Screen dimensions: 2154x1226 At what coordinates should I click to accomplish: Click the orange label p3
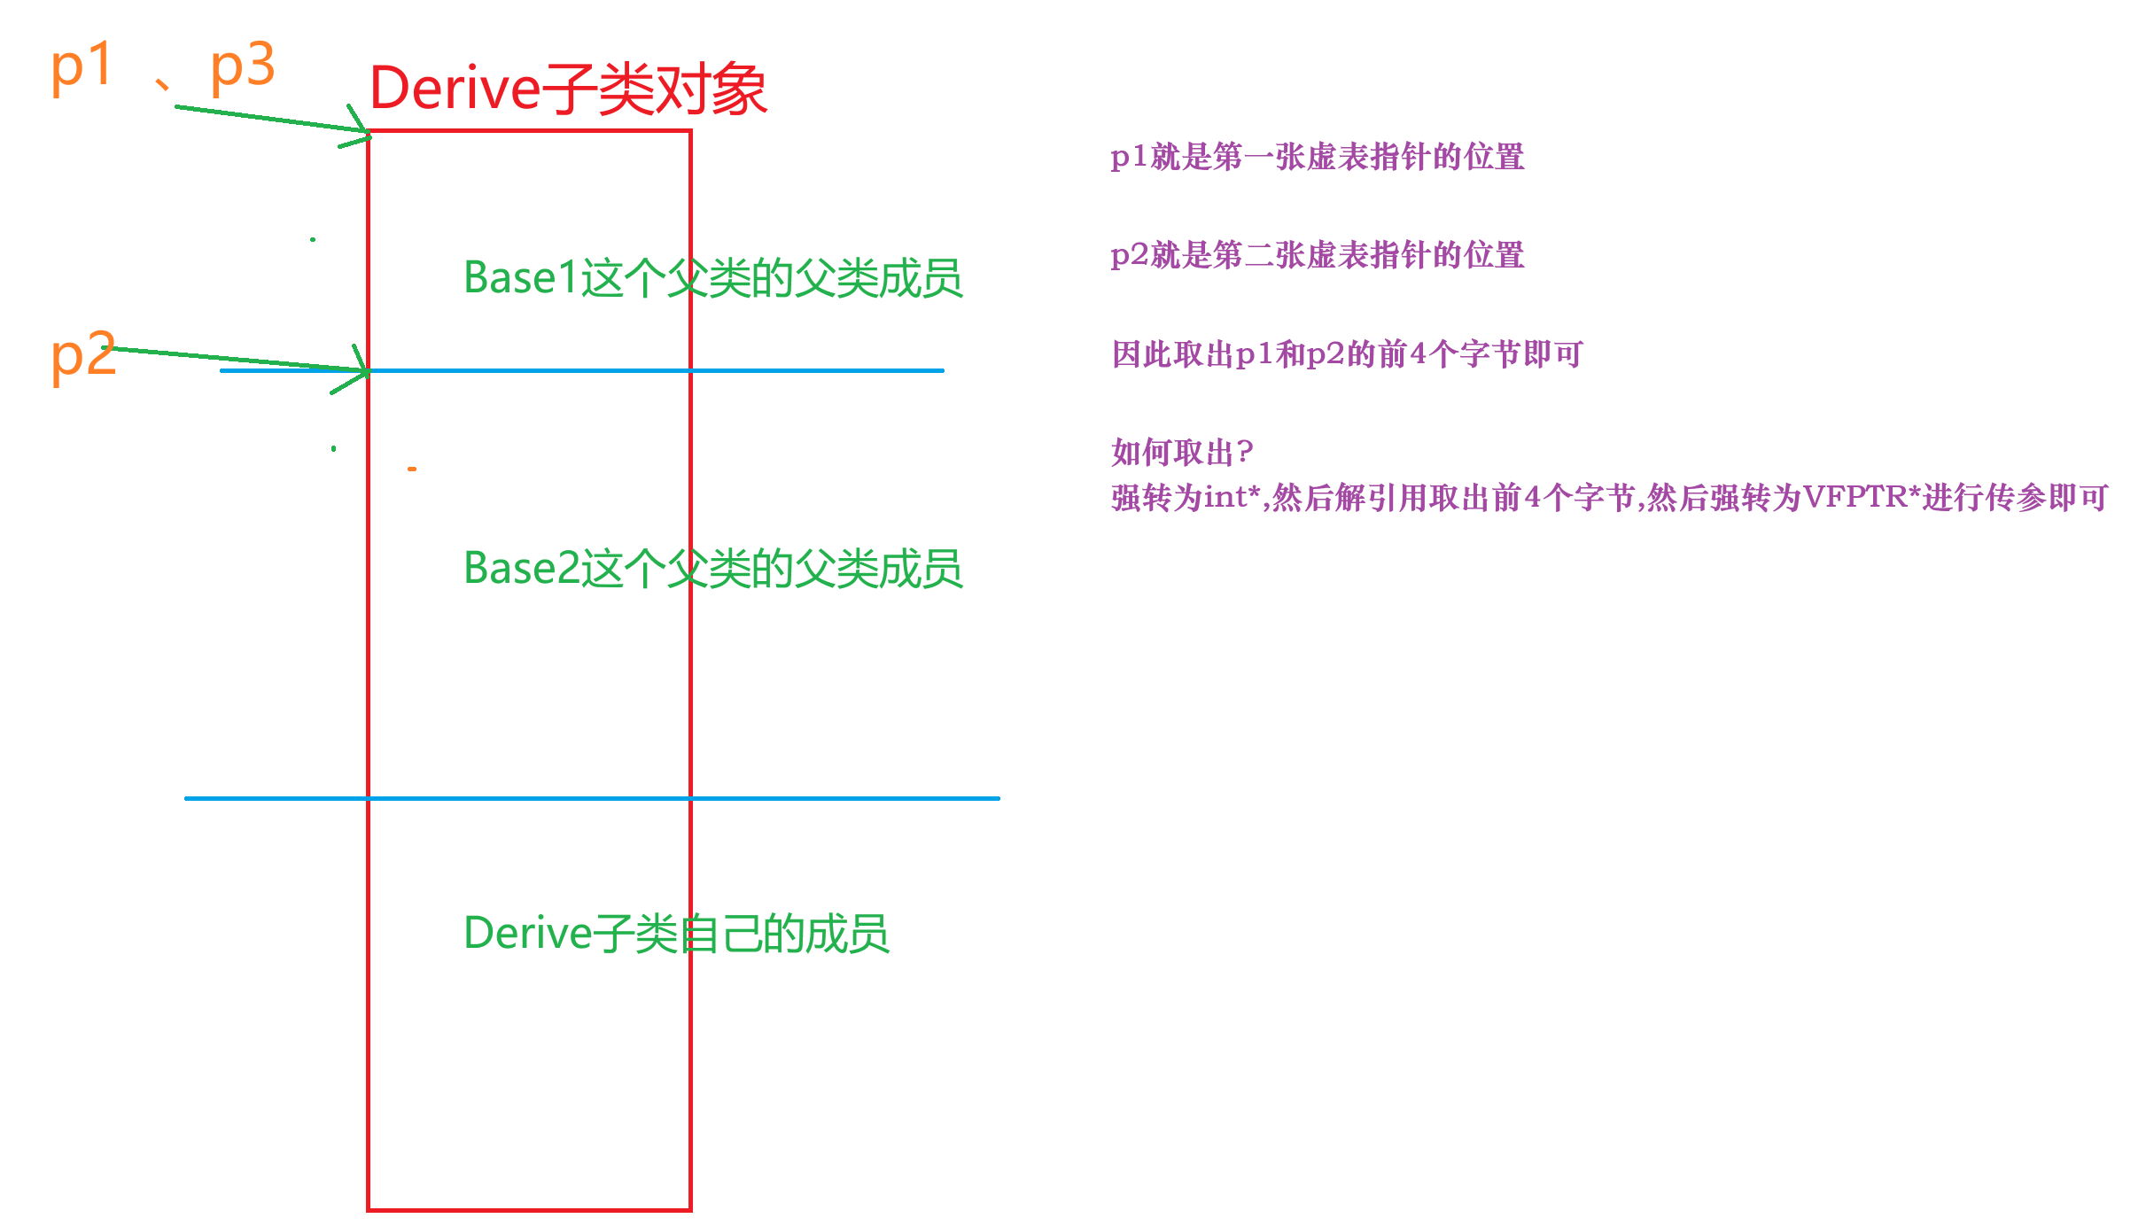[x=242, y=66]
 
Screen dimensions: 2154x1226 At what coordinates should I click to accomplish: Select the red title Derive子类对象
[x=567, y=89]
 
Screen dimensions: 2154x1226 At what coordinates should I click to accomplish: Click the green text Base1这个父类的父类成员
[x=712, y=278]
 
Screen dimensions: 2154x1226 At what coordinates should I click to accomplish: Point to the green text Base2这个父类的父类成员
[x=712, y=568]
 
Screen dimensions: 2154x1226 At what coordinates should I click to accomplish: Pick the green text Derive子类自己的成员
[x=676, y=933]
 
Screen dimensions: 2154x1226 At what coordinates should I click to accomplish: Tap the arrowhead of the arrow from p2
[x=363, y=370]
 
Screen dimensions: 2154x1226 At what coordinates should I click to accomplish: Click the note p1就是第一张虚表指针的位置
[x=1317, y=157]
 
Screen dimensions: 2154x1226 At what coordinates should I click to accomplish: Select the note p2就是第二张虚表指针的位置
[x=1317, y=255]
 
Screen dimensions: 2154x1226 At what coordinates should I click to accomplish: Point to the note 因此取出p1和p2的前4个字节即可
[x=1347, y=354]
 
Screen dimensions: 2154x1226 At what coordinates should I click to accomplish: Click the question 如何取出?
[x=1182, y=453]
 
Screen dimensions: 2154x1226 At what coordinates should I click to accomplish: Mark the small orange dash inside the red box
[x=412, y=469]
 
